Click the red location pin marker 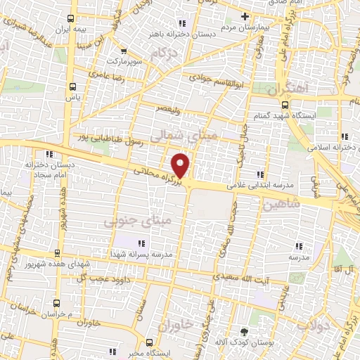click(181, 165)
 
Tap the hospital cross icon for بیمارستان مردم click(245, 17)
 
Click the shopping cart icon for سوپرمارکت click(124, 51)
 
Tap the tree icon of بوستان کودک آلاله click(244, 332)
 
